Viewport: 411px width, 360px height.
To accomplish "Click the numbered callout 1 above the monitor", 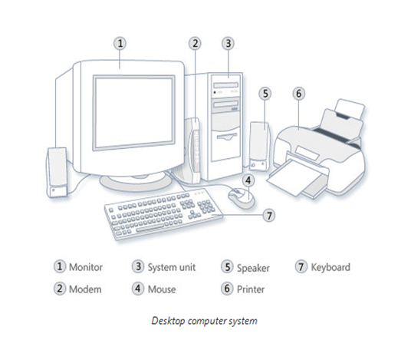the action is pos(120,44).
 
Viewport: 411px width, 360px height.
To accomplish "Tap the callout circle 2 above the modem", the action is pos(195,44).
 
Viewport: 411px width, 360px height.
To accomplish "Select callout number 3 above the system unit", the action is pos(228,44).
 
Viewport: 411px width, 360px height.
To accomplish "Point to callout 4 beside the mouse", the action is pos(248,180).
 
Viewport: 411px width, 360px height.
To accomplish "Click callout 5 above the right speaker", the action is pos(265,94).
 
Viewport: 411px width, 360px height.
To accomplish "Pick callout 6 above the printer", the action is pos(299,94).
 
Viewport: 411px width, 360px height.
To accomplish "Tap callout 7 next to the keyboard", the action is pos(269,216).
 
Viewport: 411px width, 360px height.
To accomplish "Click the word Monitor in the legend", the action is pos(85,267).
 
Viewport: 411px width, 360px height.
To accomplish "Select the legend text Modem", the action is pos(85,289).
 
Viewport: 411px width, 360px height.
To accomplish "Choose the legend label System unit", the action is pos(172,267).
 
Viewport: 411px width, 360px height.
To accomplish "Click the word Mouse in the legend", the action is pos(162,289).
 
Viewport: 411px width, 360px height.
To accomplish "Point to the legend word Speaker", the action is pos(253,268).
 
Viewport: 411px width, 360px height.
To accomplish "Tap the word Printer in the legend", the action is pos(251,289).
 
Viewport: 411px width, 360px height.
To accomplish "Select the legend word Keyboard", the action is pos(330,267).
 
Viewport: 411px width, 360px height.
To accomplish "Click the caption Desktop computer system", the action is pos(205,321).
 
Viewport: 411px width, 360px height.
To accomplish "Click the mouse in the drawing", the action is pos(241,197).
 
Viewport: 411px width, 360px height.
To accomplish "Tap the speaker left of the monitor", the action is pos(57,172).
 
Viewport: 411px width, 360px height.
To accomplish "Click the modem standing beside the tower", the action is pos(194,150).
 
